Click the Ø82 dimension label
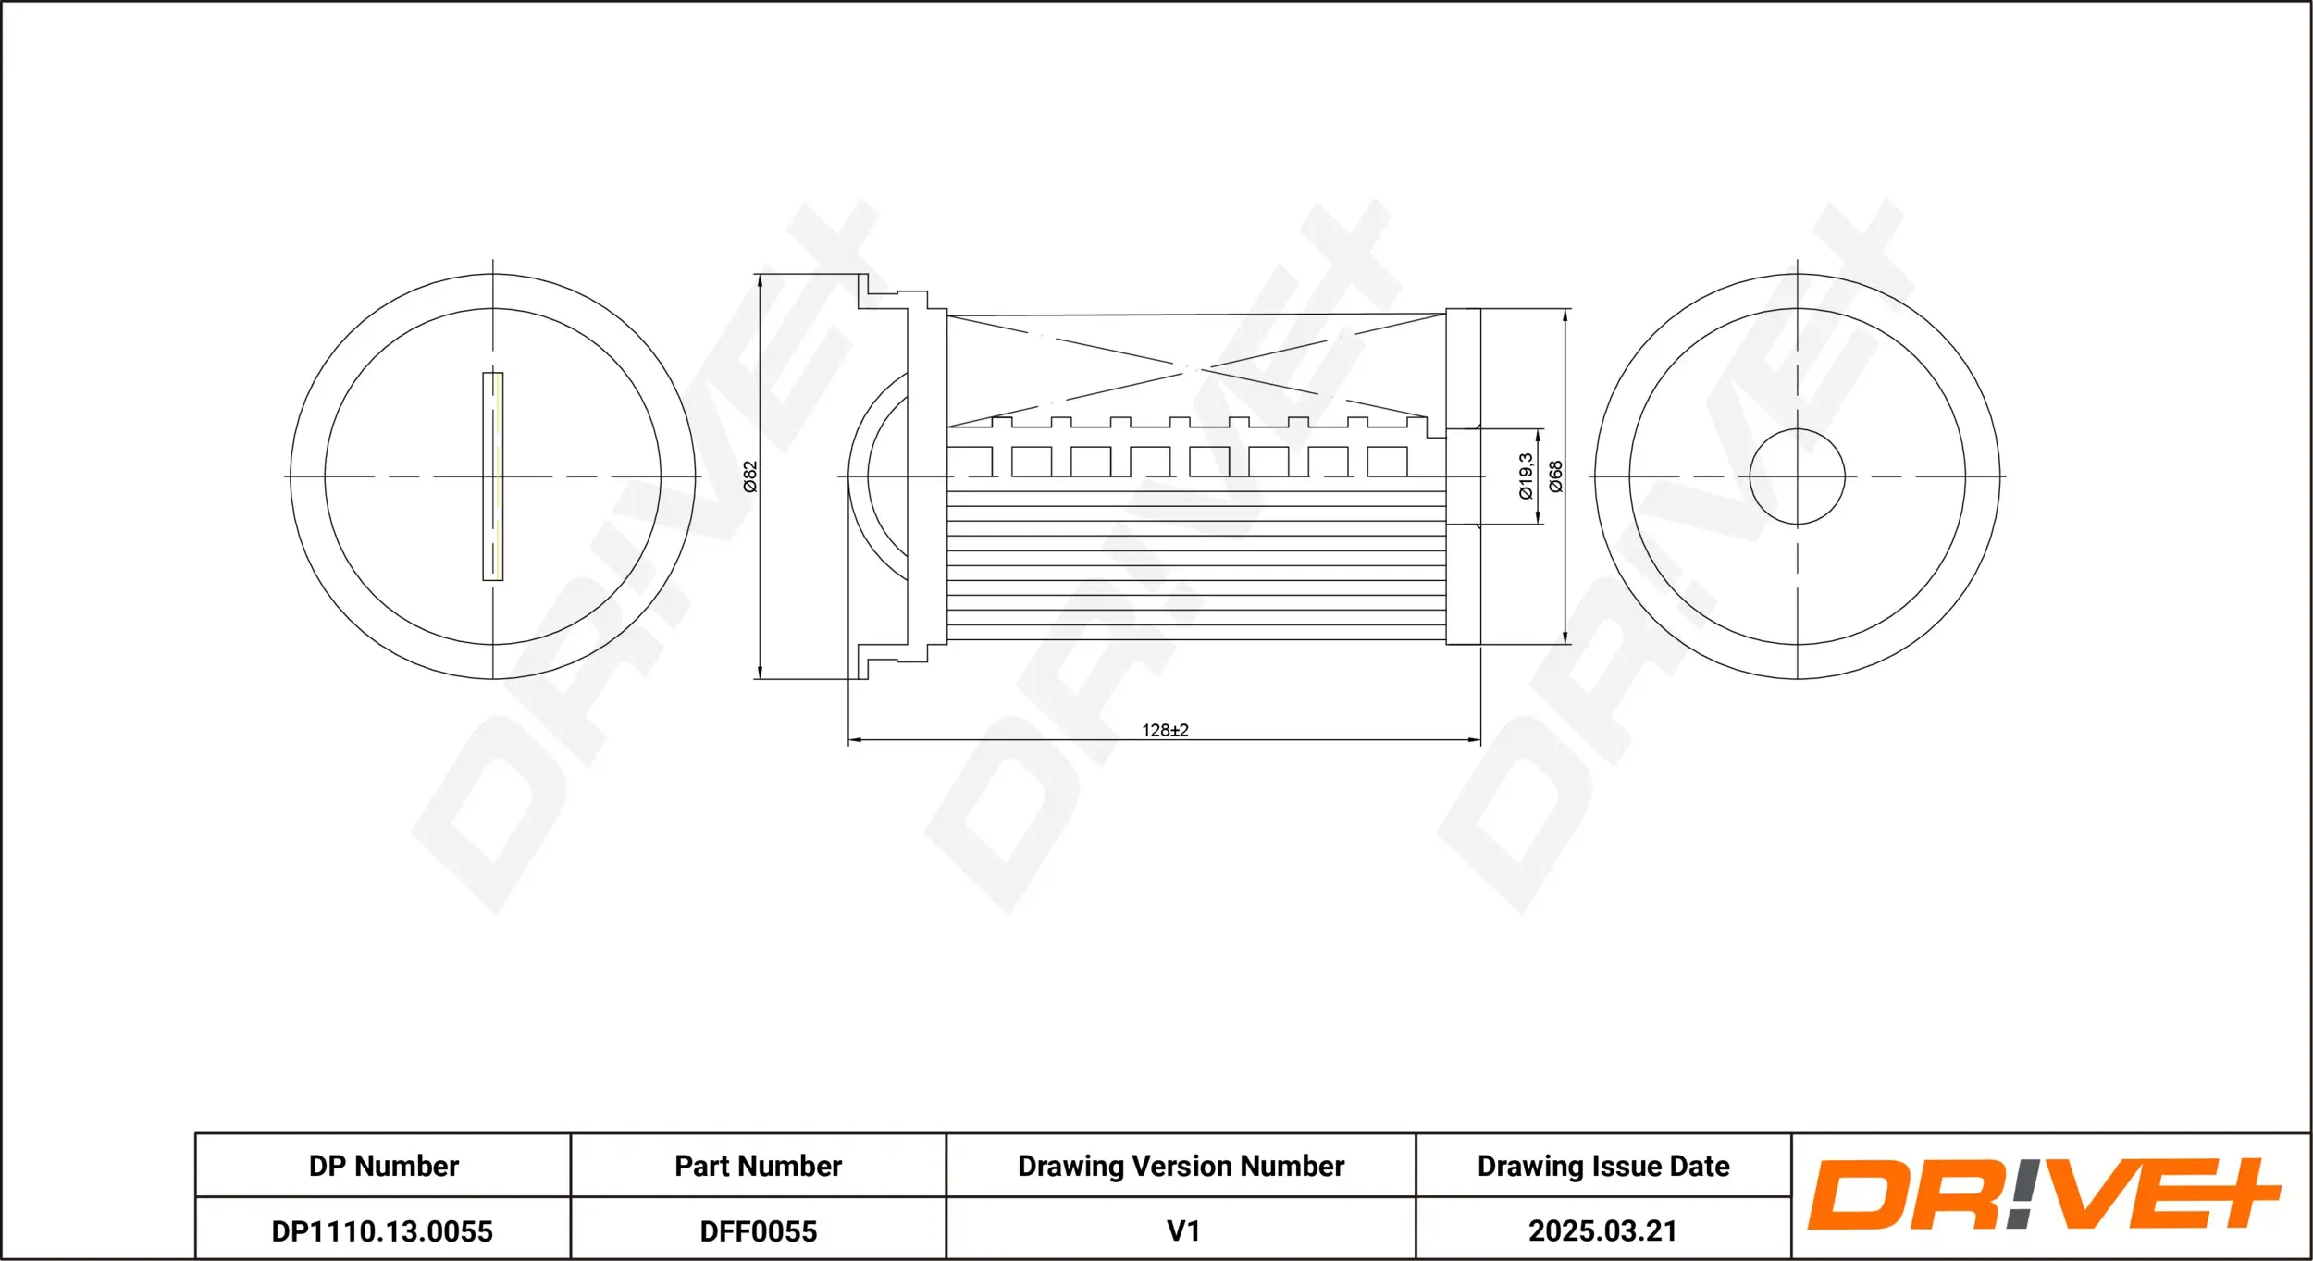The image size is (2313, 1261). (x=750, y=476)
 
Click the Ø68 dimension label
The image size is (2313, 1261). (x=1556, y=476)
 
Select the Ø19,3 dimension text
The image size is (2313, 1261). (x=1526, y=476)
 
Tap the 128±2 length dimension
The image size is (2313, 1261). (x=1165, y=730)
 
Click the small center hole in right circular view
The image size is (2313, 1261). (x=1797, y=476)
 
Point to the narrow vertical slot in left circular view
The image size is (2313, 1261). (x=493, y=476)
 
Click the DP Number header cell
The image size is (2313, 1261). (x=383, y=1166)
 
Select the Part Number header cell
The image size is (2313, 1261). (x=758, y=1166)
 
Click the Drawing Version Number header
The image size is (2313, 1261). (x=1181, y=1166)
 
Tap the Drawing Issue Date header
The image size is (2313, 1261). (x=1603, y=1166)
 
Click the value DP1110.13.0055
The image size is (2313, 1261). (x=382, y=1231)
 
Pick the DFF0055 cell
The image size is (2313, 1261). (x=758, y=1231)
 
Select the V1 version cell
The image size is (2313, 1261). (x=1182, y=1231)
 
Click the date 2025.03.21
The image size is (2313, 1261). (x=1602, y=1231)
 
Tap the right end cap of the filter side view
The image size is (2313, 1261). (x=1463, y=476)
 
